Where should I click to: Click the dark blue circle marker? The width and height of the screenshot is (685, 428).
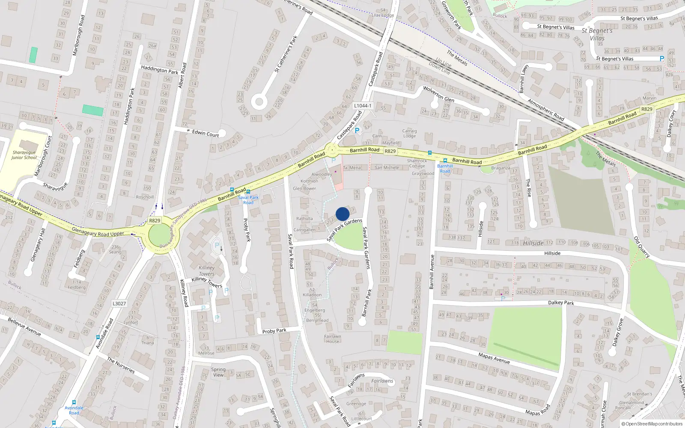click(x=342, y=214)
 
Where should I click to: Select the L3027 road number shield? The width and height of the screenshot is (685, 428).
click(x=119, y=303)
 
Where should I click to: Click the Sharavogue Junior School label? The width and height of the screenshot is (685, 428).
click(x=24, y=155)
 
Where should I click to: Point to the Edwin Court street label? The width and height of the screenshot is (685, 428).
click(x=205, y=134)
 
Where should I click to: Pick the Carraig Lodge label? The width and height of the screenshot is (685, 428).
click(x=409, y=134)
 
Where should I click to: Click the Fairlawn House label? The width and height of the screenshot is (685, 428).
click(x=333, y=339)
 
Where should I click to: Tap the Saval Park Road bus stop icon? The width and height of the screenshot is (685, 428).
click(x=248, y=192)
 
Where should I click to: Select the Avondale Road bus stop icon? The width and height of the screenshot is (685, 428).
click(x=74, y=403)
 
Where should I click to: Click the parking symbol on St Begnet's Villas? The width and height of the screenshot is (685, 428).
click(x=662, y=59)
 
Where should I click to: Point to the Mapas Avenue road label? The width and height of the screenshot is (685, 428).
click(x=494, y=358)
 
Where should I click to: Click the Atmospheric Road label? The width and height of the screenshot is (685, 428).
click(x=546, y=110)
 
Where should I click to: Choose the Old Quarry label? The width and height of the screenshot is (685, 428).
click(x=642, y=247)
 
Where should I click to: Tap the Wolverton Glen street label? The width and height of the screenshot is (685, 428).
click(x=439, y=94)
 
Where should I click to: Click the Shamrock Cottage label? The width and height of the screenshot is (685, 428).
click(x=417, y=163)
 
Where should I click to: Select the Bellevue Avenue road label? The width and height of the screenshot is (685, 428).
click(x=24, y=327)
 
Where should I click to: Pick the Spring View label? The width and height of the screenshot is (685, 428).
click(x=218, y=372)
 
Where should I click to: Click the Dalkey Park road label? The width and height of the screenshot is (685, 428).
click(x=561, y=303)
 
